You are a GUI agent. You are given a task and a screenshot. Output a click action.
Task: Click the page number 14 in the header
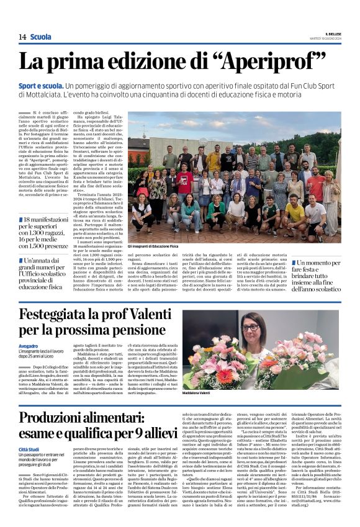click(22, 37)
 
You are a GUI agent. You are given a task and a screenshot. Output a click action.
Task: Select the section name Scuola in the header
click(41, 37)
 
